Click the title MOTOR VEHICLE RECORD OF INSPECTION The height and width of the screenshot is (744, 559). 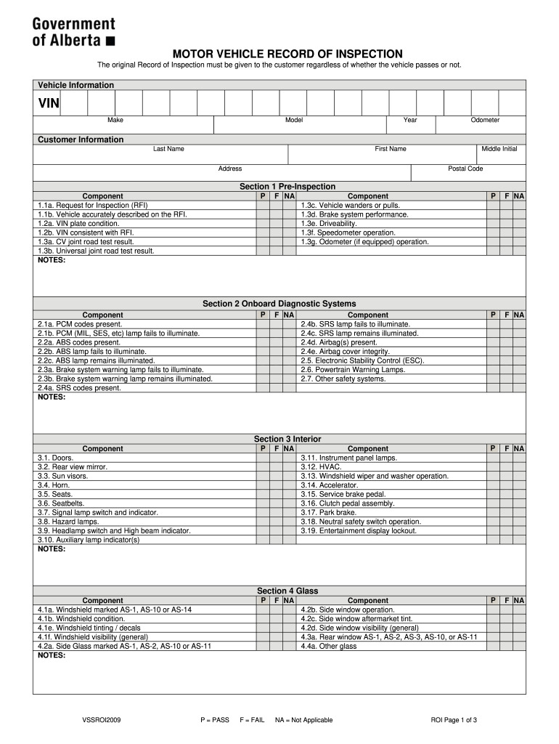coord(287,54)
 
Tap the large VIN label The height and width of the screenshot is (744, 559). coord(49,104)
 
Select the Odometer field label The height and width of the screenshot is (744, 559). coord(485,120)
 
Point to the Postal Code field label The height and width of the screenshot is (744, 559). coord(465,169)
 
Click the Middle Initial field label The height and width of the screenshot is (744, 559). coord(499,149)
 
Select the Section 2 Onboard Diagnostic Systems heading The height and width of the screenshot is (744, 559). coord(279,304)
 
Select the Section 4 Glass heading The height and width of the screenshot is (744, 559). coord(287,591)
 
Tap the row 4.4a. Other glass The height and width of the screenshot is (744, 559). coord(329,646)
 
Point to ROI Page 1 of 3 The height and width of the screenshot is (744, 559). coord(454,720)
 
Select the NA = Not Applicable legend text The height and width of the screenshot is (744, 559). coord(303,720)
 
